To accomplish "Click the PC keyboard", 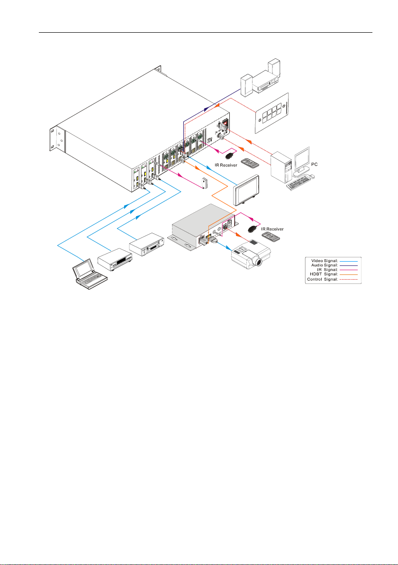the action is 299,183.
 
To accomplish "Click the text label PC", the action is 315,164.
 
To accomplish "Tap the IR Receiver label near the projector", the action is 272,229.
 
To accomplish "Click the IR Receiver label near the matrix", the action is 226,165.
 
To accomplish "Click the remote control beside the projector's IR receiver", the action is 271,237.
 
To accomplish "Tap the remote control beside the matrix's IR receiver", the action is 250,163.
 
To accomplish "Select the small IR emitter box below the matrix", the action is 205,183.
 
